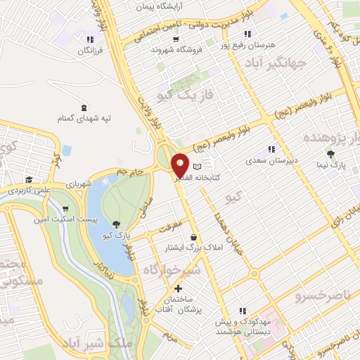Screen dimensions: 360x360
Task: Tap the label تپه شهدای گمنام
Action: tap(85, 118)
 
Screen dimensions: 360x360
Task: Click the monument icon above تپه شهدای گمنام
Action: tap(84, 108)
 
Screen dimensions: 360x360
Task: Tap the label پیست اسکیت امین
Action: tap(65, 220)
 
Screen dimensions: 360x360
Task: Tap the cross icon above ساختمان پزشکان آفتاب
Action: tap(178, 288)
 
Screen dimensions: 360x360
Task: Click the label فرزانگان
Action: tap(89, 51)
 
